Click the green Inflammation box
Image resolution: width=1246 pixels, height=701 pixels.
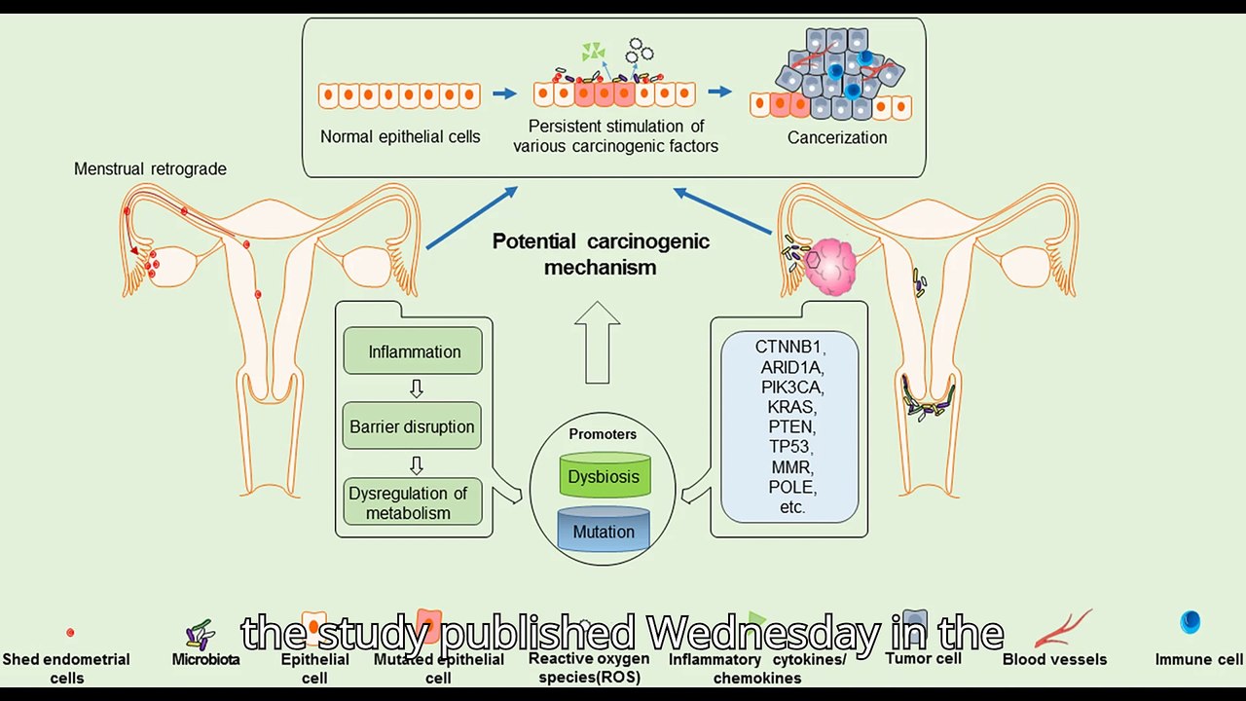[414, 351]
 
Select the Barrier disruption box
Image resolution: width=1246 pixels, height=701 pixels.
[413, 426]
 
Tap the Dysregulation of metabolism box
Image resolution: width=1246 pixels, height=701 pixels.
[413, 502]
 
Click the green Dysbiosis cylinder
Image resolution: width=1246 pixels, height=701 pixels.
[605, 476]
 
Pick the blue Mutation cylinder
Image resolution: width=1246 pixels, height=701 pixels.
[604, 531]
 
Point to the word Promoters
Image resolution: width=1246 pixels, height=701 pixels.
[603, 434]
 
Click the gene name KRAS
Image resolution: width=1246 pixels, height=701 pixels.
[789, 407]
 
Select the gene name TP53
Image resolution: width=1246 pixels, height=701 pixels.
[789, 447]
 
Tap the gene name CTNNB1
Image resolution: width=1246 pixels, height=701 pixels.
[789, 347]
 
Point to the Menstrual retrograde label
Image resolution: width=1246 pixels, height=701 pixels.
[150, 169]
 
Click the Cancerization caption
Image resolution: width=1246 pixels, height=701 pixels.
[837, 137]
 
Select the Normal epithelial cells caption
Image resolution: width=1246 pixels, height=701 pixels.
[400, 137]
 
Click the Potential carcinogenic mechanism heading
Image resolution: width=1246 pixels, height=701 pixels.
[601, 254]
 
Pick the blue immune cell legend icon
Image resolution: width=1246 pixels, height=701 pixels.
[1190, 622]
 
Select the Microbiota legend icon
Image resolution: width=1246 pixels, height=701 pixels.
[201, 635]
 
